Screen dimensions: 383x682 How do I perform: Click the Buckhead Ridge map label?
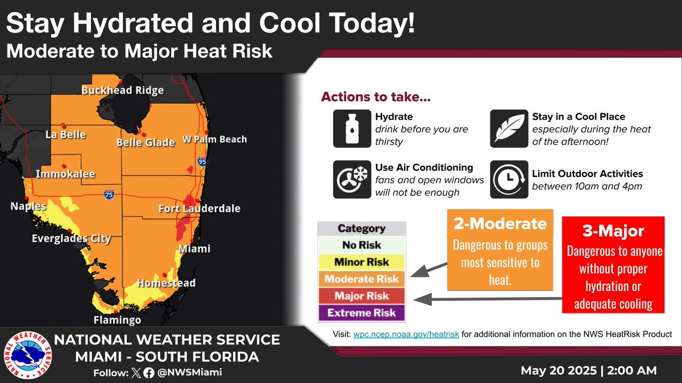point(122,90)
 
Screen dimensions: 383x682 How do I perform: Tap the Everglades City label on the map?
point(71,238)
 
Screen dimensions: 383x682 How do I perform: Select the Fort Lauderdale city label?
point(199,209)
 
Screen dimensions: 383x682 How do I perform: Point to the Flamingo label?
point(118,320)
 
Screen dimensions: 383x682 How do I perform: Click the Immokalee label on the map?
point(65,174)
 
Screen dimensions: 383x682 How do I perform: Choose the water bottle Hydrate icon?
point(347,128)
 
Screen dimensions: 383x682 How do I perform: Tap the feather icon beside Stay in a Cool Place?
point(504,128)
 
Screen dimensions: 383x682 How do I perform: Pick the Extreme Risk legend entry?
point(361,313)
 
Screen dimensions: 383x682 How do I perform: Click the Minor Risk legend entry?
point(361,262)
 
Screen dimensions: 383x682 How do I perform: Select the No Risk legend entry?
point(361,246)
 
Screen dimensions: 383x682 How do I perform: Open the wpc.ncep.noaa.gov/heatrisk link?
point(406,335)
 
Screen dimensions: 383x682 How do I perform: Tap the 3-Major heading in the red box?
point(613,232)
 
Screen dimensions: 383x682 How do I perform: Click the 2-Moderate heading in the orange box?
point(500,224)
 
